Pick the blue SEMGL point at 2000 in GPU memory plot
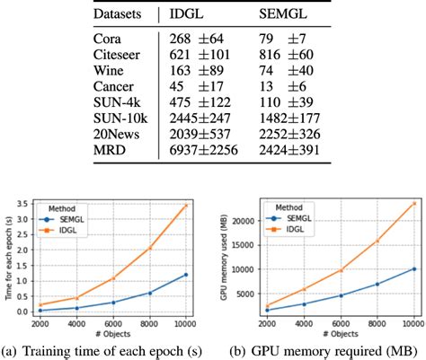point(266,310)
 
